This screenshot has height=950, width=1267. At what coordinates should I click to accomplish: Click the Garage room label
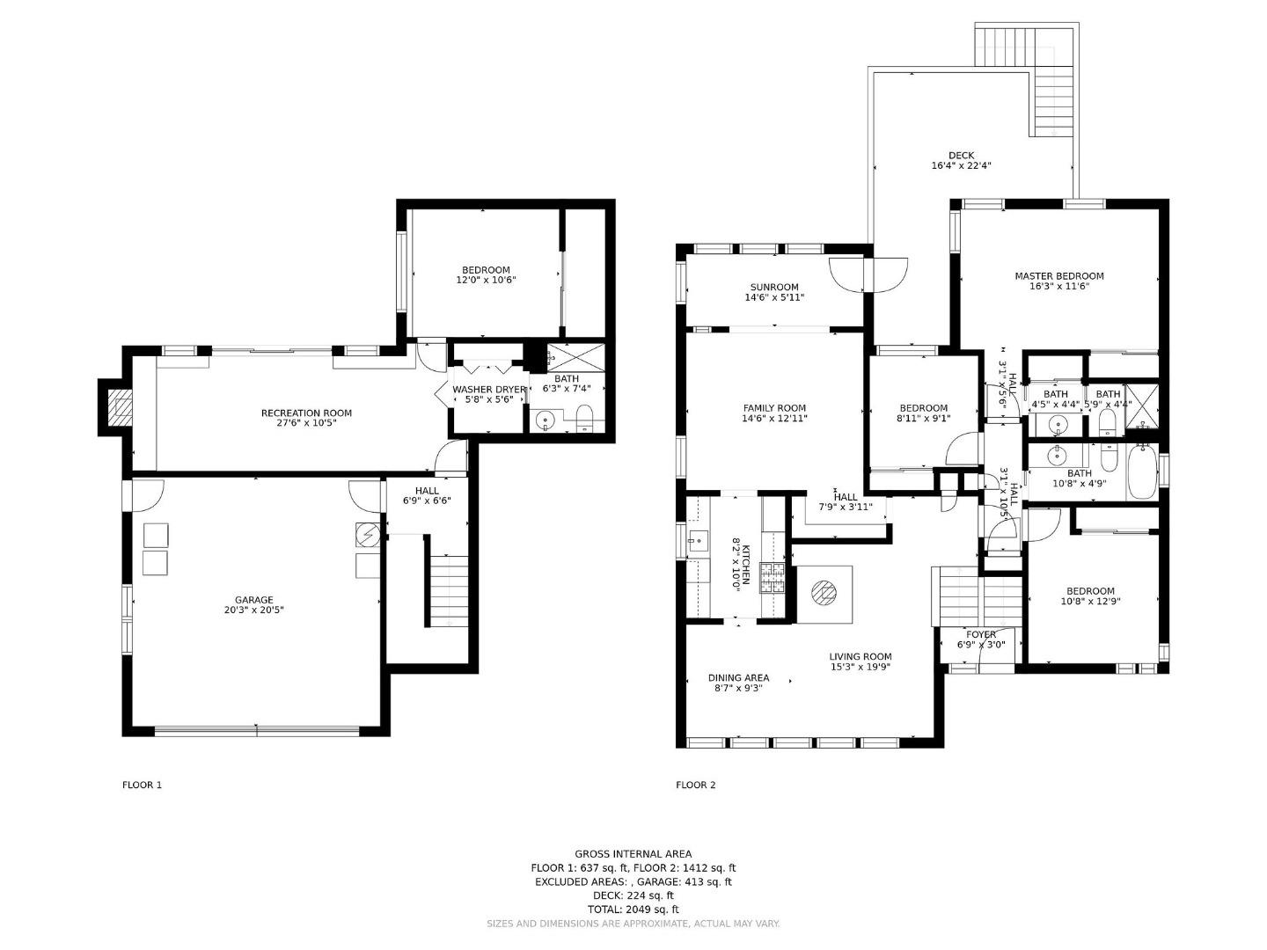[x=253, y=600]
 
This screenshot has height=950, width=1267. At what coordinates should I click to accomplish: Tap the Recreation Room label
[x=306, y=413]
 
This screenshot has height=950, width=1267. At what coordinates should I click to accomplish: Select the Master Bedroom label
[x=1058, y=275]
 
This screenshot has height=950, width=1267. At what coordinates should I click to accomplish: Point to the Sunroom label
[x=774, y=287]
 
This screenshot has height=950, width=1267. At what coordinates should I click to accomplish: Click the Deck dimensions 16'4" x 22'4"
[x=961, y=165]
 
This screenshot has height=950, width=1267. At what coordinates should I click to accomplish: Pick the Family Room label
[x=774, y=407]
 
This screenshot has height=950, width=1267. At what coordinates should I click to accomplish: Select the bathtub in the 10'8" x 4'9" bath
[x=1142, y=471]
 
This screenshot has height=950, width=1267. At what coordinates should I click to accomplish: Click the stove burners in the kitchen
[x=773, y=579]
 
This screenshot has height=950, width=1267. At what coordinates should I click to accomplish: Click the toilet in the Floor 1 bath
[x=585, y=419]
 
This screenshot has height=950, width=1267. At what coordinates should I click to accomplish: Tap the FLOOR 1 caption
[x=142, y=785]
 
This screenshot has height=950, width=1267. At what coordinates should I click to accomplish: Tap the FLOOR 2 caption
[x=695, y=785]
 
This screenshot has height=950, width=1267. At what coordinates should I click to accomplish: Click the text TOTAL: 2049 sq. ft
[x=633, y=910]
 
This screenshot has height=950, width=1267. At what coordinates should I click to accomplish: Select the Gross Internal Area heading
[x=633, y=853]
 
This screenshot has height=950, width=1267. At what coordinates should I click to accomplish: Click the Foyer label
[x=981, y=634]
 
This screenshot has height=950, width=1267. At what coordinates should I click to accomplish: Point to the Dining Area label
[x=738, y=677]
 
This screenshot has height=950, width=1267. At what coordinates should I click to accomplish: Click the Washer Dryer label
[x=488, y=389]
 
